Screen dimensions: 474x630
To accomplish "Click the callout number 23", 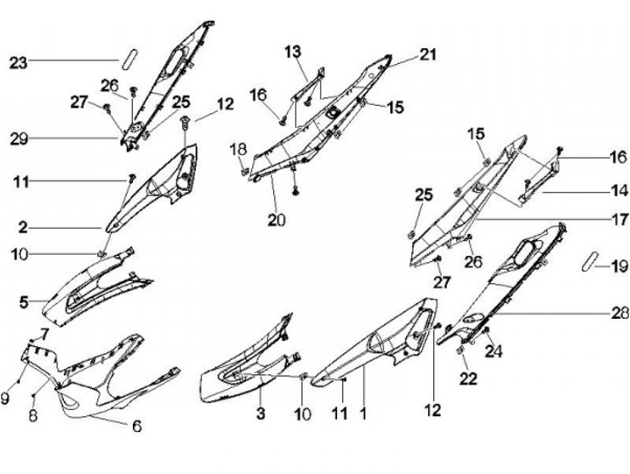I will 18,61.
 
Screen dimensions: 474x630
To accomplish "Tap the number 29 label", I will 19,138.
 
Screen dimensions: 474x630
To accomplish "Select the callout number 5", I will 24,303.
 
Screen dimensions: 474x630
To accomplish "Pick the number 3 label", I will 260,412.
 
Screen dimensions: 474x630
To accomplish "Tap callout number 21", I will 427,54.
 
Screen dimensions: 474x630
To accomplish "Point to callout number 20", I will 276,220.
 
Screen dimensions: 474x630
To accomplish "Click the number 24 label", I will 494,353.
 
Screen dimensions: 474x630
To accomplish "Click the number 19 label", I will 619,265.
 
